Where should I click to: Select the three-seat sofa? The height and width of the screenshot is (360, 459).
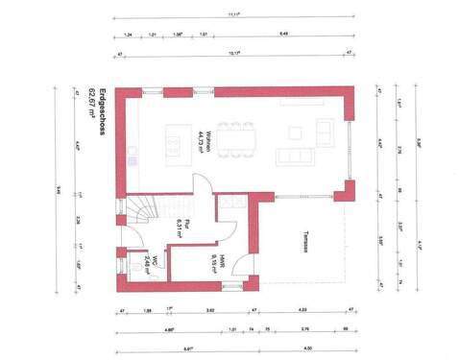tap(291, 156)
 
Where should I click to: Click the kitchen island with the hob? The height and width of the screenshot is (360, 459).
tap(174, 144)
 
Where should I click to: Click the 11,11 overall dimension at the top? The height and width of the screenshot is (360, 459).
tap(230, 14)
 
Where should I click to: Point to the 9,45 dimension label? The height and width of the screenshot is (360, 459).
tap(60, 188)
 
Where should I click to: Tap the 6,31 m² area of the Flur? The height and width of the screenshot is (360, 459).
tap(179, 228)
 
